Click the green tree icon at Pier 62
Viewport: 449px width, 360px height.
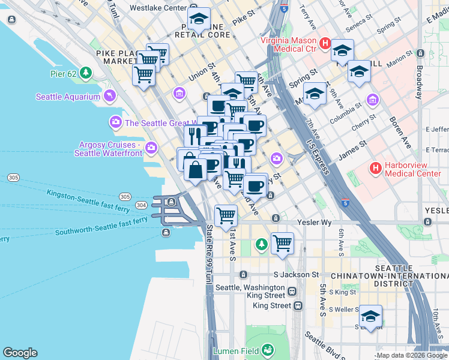tap(86, 73)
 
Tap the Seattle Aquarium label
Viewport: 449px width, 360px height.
tap(68, 97)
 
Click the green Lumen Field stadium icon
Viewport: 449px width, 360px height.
tap(267, 350)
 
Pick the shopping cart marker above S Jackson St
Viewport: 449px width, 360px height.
tap(282, 244)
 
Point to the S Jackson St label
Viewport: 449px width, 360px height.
tap(295, 274)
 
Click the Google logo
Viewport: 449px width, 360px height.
tap(20, 353)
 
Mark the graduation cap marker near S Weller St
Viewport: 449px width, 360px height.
tap(370, 316)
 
